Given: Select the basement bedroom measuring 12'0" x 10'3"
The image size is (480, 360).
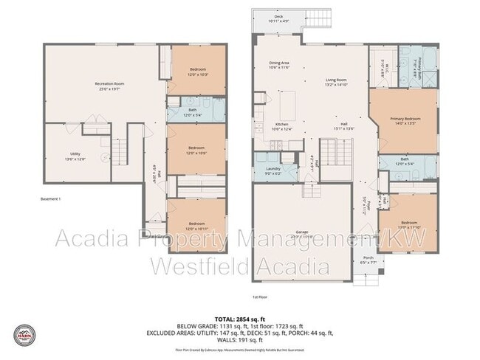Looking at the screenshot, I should click(x=196, y=72).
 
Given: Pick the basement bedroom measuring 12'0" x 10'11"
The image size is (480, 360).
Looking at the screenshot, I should click(x=196, y=225).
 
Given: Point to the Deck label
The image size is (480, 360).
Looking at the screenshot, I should click(x=278, y=18).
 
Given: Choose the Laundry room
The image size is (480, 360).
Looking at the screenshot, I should click(x=273, y=171).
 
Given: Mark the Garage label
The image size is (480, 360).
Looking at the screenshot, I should click(x=302, y=234).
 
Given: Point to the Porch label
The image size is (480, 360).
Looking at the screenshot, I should click(x=368, y=260).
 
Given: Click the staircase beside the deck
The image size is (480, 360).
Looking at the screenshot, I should click(x=319, y=18).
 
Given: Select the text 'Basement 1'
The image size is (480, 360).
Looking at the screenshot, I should click(x=50, y=199).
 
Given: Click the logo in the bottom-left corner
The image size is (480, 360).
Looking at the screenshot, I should click(x=26, y=334).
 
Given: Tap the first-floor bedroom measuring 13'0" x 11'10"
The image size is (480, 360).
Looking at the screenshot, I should click(x=408, y=224).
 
